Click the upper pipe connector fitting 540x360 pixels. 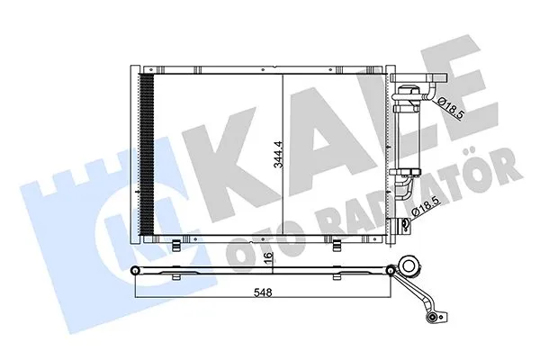pos(410,92)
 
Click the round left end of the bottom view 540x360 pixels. pos(135,271)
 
